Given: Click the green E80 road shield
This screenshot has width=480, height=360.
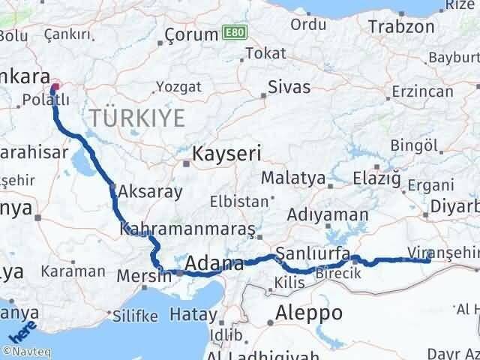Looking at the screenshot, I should click(233, 34).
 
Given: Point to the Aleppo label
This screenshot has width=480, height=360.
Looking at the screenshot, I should click(309, 313).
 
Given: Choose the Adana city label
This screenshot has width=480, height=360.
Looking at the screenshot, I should click(214, 264).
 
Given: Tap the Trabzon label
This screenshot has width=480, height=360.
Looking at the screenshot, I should click(400, 27).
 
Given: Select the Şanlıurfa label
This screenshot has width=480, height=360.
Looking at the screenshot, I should click(313, 253).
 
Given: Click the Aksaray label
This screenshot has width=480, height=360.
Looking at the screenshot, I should click(150, 191).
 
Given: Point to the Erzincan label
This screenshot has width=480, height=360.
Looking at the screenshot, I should click(422, 91).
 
